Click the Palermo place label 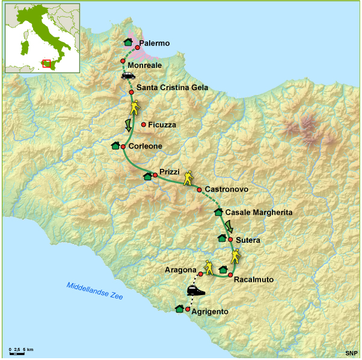click(154, 44)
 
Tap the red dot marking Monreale click(123, 61)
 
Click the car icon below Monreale click(128, 76)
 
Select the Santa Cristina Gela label click(172, 88)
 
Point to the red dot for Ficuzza click(144, 124)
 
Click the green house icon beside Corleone click(115, 145)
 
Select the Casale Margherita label click(259, 213)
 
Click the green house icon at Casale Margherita click(218, 212)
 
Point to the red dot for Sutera click(230, 239)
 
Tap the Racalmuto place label click(254, 279)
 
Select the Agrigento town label click(209, 312)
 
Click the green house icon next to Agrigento click(179, 308)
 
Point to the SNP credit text click(351, 353)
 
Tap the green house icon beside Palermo click(128, 41)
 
